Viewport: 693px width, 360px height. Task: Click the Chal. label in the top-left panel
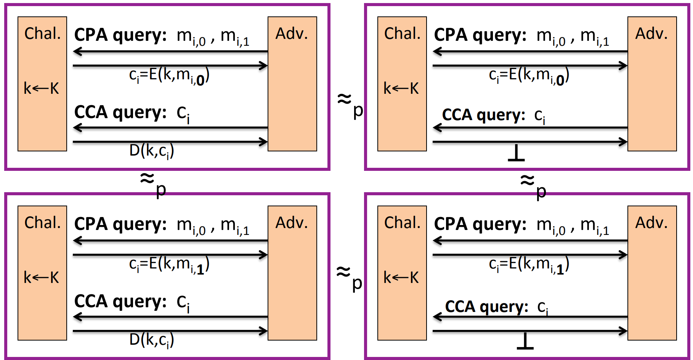point(42,34)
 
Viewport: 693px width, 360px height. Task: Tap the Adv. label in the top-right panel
point(651,34)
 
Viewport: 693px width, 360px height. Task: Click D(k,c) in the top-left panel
point(151,151)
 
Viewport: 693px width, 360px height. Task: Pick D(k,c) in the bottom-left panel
point(151,340)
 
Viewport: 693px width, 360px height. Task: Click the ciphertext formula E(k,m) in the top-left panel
point(169,75)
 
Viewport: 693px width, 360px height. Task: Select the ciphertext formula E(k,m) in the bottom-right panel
point(529,264)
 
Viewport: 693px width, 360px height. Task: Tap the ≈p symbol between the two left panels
point(153,183)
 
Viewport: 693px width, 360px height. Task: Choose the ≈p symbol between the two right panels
point(533,185)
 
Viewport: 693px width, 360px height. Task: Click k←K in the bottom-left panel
point(41,277)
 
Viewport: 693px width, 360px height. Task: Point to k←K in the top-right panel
point(401,88)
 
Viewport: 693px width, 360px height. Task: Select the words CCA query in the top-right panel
point(483,115)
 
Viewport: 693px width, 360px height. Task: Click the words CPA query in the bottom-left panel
point(120,224)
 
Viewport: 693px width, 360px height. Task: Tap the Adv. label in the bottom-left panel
point(292,223)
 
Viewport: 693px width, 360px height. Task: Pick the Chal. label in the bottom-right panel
point(402,223)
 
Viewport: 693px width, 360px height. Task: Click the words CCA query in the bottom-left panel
point(120,301)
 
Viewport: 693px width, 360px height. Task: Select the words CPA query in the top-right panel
point(480,35)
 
